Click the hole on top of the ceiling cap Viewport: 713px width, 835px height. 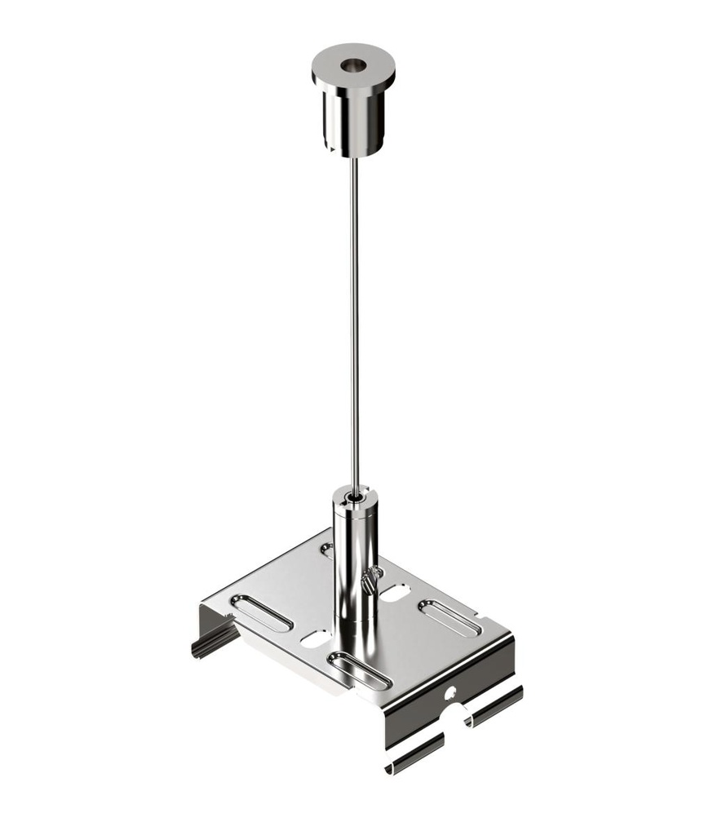(x=352, y=64)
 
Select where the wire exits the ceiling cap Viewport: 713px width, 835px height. (x=352, y=158)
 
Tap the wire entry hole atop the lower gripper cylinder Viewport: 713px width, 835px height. (x=353, y=493)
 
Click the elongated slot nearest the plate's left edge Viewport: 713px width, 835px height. (x=260, y=613)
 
